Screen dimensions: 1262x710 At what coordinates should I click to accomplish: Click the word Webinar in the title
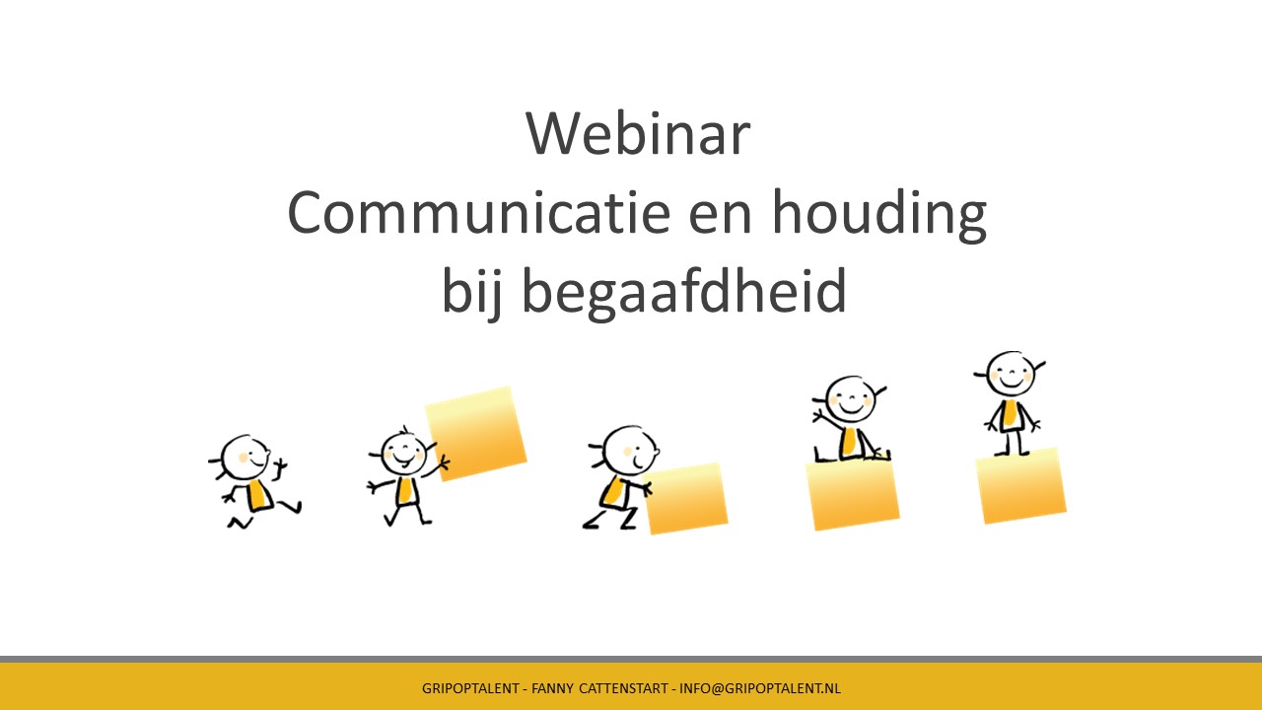click(638, 133)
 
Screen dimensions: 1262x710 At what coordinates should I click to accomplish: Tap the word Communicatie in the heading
click(479, 212)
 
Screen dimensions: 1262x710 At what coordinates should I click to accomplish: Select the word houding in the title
click(878, 216)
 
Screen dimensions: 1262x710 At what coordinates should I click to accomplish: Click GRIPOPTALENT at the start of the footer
click(470, 688)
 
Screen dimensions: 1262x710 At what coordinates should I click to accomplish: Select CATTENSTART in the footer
click(624, 688)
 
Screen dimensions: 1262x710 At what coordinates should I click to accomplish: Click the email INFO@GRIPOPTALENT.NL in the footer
click(760, 688)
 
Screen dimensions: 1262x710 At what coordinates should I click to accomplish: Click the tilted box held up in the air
click(476, 434)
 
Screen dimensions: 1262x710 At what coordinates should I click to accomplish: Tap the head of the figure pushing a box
click(628, 451)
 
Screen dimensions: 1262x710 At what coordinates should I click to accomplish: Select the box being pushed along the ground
click(686, 498)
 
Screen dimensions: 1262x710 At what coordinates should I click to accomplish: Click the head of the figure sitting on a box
click(850, 399)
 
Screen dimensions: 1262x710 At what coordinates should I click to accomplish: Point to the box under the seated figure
click(853, 495)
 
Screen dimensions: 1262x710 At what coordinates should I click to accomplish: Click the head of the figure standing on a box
click(1011, 374)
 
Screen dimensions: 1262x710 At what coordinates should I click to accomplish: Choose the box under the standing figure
click(1020, 485)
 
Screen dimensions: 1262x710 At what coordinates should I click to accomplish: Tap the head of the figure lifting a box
click(403, 453)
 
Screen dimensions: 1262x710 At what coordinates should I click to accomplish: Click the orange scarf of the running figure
click(258, 496)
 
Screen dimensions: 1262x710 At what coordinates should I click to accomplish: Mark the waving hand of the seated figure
click(818, 416)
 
